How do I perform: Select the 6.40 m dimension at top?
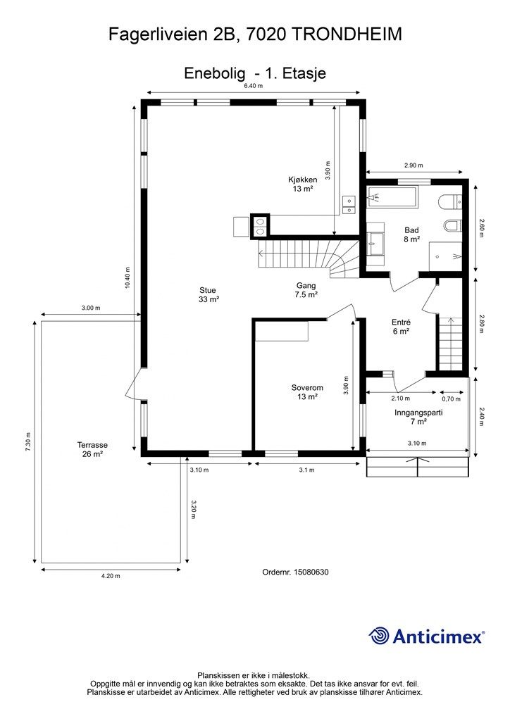pos(254,85)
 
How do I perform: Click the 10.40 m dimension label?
pos(127,277)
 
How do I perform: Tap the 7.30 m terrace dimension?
pos(28,442)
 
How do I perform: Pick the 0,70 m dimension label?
pos(451,399)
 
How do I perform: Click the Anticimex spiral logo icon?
pos(379,636)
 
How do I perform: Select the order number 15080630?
pos(311,572)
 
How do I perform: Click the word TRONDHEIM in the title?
pos(347,35)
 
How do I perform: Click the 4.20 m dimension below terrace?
pos(111,576)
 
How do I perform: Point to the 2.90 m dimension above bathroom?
pos(413,165)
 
